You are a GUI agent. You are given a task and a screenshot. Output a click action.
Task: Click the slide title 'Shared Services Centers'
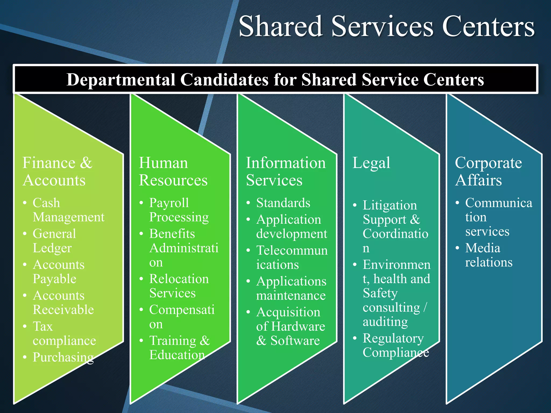coord(386,26)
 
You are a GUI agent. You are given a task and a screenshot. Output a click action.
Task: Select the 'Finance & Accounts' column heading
coord(57,171)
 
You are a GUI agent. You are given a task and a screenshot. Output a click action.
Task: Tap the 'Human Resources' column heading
coord(173,171)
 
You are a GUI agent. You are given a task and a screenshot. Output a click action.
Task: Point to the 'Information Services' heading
coord(286,171)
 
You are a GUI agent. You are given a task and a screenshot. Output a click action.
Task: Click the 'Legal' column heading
coord(371,163)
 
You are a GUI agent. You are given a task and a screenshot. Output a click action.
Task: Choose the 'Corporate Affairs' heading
coord(488,171)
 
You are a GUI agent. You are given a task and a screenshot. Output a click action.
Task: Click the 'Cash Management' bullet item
coord(68,210)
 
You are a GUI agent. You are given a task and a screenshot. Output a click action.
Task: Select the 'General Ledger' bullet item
coord(54,241)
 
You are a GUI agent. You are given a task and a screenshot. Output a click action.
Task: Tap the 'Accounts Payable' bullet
coord(58,272)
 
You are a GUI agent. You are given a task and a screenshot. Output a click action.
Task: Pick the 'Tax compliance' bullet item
coord(64,334)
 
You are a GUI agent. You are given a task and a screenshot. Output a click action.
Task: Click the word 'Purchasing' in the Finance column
coord(63,357)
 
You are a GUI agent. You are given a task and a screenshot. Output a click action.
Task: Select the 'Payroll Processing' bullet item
coord(179,210)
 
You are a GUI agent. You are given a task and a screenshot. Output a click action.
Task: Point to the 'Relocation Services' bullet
coord(179,286)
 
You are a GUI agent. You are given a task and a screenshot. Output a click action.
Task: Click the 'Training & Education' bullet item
coord(179,348)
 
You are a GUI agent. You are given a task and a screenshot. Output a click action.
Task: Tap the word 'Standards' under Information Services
coord(283,203)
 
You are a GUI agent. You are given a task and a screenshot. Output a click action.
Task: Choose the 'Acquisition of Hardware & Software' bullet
coord(290,326)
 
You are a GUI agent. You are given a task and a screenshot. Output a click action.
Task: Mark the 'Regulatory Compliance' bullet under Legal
coord(395,346)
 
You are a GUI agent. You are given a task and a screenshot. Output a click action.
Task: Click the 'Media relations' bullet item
coord(488,255)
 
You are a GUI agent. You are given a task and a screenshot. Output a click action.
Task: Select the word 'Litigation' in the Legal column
coord(390,205)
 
